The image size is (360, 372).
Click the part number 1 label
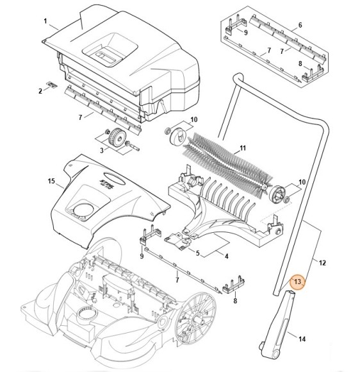(45, 21)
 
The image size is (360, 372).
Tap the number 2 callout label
(40, 91)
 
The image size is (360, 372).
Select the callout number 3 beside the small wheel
(102, 151)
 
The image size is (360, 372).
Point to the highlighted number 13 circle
(297, 282)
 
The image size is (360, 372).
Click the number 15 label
(51, 182)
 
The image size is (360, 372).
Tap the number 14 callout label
(302, 339)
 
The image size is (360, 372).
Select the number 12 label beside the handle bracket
(322, 263)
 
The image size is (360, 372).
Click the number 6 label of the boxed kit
(300, 25)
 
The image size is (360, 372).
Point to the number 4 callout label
(227, 256)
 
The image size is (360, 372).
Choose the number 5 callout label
(198, 253)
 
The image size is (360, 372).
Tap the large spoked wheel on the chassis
(195, 319)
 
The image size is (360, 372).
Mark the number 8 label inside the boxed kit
(300, 63)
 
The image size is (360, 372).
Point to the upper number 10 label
(194, 119)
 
